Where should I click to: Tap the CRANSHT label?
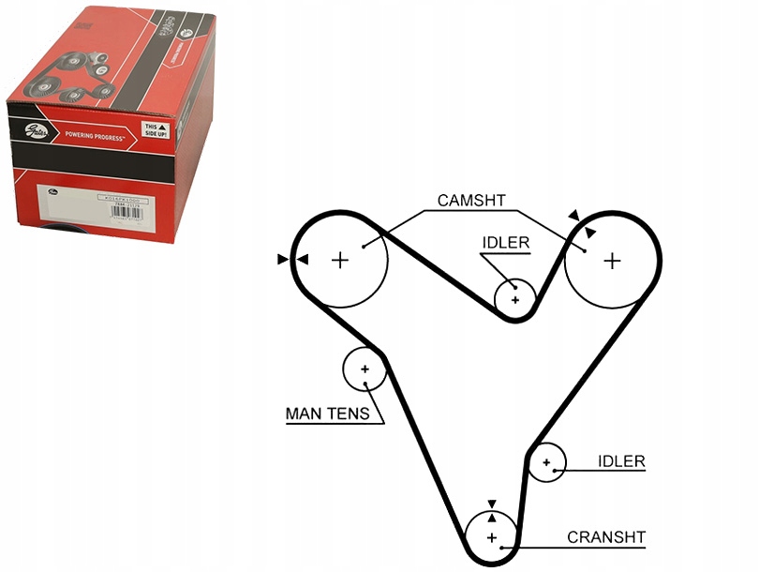point(606,537)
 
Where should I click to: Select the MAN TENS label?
point(327,414)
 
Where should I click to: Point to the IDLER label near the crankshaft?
point(621,461)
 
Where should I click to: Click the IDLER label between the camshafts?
point(506,243)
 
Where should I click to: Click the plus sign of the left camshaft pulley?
point(340,259)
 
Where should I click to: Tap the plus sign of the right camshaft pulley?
point(612,260)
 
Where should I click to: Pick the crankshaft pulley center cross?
point(491,537)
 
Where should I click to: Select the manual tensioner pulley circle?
point(365,369)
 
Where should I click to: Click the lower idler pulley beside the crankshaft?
point(546,462)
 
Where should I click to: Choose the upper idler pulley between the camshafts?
point(514,299)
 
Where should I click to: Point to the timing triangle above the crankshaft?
point(491,504)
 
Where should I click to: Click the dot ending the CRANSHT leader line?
point(503,546)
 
